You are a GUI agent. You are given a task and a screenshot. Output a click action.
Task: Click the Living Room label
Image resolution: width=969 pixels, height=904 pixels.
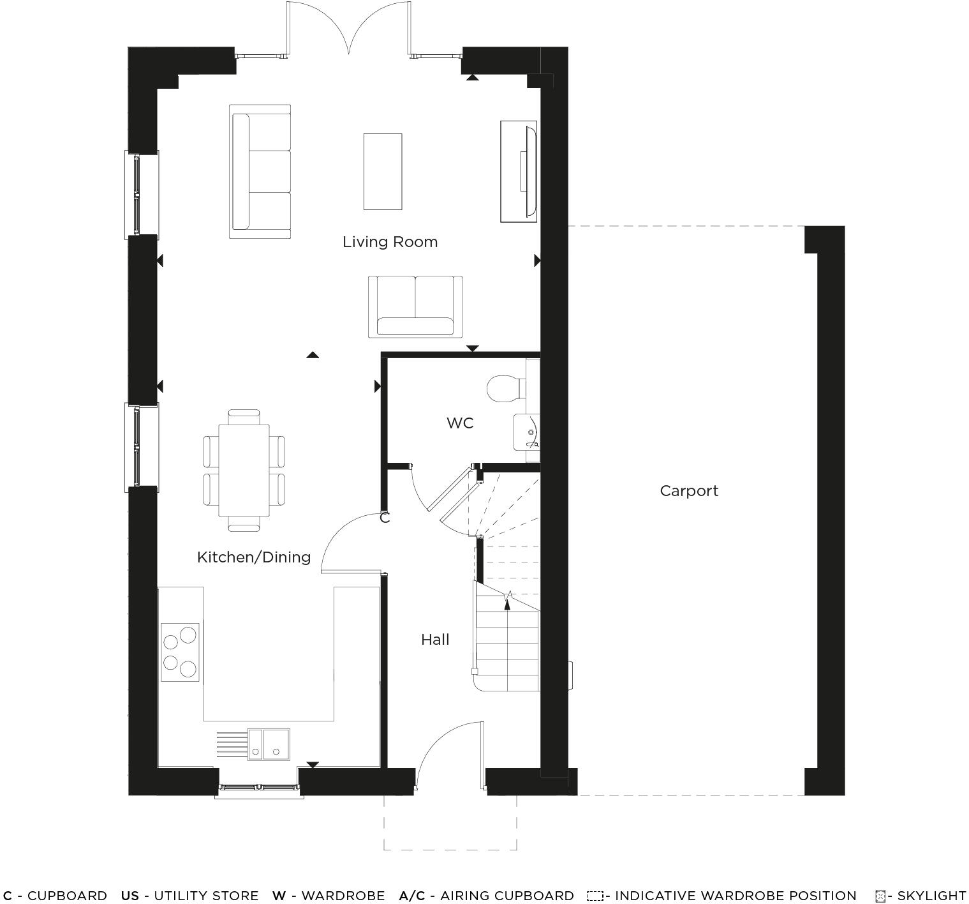(390, 242)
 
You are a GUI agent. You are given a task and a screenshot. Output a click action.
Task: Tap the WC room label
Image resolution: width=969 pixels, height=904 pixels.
(460, 423)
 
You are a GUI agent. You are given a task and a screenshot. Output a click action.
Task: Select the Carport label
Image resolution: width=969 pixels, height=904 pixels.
(689, 491)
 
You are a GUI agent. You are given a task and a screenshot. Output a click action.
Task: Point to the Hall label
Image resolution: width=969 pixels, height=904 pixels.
(435, 640)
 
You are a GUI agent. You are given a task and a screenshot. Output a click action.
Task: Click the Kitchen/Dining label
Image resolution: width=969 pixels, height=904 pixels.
(254, 557)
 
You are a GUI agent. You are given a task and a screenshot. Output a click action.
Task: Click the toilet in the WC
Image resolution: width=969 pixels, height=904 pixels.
(505, 388)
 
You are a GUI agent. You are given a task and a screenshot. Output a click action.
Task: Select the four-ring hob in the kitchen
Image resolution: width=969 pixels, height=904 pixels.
(180, 652)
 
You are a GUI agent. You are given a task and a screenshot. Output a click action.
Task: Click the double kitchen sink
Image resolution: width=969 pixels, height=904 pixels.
(269, 744)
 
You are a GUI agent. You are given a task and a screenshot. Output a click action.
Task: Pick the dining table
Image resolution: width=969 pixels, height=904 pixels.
(244, 471)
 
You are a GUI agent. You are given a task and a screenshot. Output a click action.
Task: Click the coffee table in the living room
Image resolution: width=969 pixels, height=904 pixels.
(383, 171)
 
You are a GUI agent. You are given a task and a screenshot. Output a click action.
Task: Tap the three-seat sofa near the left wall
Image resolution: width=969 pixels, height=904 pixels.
(260, 171)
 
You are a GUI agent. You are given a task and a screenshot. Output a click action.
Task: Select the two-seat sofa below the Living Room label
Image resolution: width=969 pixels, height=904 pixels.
(415, 306)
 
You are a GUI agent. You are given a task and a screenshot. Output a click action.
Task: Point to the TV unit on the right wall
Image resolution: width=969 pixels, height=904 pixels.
(520, 171)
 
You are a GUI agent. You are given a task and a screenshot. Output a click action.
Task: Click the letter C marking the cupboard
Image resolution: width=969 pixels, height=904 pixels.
(385, 518)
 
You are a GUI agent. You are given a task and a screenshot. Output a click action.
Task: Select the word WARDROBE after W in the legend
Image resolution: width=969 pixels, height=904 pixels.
(343, 896)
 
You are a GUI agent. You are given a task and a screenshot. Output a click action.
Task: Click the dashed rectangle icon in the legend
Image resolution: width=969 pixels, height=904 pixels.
(595, 896)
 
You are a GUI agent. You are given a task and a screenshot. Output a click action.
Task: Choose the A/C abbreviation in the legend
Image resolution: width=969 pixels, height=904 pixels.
(411, 896)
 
